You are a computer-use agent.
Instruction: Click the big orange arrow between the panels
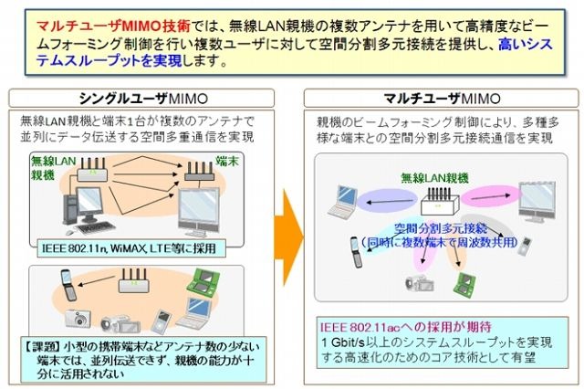[289, 237]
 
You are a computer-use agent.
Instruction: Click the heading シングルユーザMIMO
[143, 99]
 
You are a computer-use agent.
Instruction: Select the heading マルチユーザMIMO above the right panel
[442, 99]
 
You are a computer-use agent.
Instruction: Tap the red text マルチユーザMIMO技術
[113, 26]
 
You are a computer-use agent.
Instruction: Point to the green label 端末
[227, 162]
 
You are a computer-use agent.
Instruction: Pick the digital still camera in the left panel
[78, 318]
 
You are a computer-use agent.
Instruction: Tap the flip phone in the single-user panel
[68, 285]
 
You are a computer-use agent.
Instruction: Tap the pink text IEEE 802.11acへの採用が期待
[406, 327]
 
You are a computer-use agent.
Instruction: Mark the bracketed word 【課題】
[42, 347]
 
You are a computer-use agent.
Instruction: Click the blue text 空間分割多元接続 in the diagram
[441, 227]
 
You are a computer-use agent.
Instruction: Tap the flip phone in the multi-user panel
[357, 252]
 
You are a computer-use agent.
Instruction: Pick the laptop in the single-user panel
[194, 313]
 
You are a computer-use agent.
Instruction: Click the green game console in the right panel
[464, 283]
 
